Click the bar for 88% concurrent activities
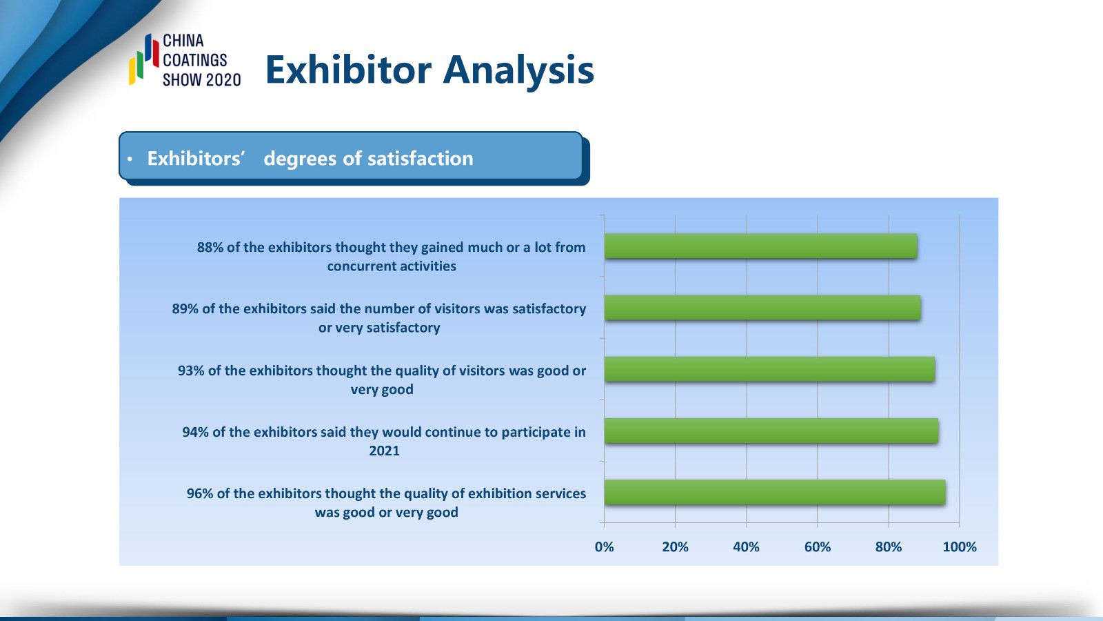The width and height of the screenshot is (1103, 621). point(761,246)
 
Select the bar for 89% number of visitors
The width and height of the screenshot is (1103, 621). point(762,308)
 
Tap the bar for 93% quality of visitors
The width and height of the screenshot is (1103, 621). point(769,369)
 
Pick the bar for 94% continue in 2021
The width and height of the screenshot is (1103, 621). point(771,431)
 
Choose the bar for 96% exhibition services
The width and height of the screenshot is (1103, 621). point(775,493)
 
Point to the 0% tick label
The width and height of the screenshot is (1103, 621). point(604,546)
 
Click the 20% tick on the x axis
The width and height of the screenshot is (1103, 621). point(675,546)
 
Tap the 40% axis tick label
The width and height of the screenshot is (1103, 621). point(746,546)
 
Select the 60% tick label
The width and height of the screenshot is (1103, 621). point(818,546)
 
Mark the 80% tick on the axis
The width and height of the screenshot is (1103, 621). point(889,546)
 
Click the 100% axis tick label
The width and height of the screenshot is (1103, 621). point(960,546)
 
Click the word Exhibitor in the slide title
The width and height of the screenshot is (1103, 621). point(349,70)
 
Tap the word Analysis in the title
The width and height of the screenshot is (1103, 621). point(518,72)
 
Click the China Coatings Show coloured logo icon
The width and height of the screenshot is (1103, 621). point(144,59)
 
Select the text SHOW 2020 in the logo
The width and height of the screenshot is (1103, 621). point(202,80)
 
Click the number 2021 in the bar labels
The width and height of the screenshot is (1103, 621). point(384,451)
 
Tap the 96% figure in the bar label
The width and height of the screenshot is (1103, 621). point(199,493)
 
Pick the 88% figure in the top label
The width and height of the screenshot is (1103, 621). point(210,247)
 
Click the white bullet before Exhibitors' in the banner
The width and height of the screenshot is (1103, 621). point(130,159)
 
